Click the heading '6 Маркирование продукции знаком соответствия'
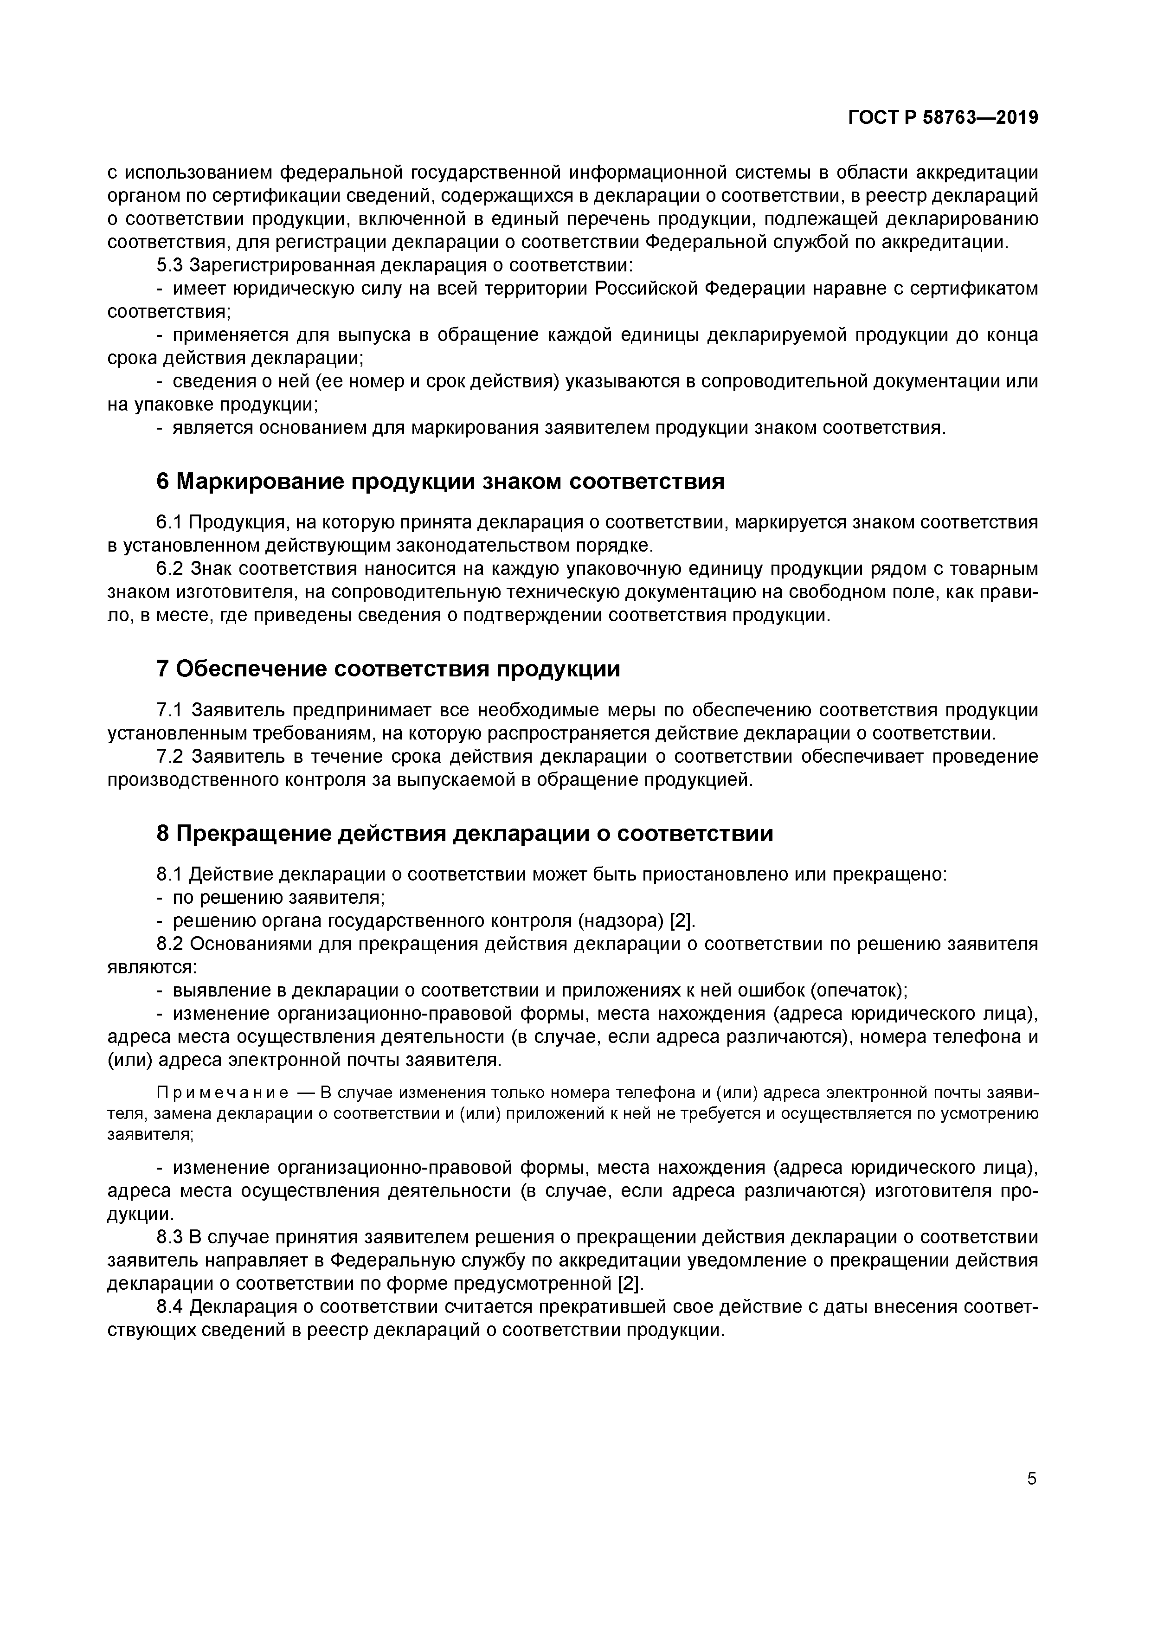pos(440,482)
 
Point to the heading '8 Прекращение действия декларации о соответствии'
pos(464,833)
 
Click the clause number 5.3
pos(169,266)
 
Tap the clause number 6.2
pos(169,569)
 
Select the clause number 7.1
pos(169,710)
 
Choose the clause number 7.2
pos(169,757)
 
